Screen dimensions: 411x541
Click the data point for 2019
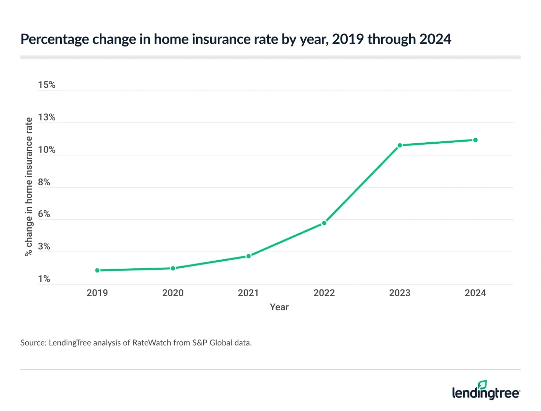coord(97,270)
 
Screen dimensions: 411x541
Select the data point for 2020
coord(173,268)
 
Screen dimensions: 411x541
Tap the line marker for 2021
coord(249,256)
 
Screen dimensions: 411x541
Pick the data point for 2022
coord(324,223)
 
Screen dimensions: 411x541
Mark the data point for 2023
coord(400,145)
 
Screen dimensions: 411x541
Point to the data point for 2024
coord(475,140)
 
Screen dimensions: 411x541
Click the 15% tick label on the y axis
coord(46,85)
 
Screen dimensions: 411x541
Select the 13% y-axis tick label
coord(46,117)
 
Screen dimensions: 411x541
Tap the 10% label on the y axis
coord(46,150)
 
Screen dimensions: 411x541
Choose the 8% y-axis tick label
coord(44,182)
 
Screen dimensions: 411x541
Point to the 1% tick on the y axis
coord(44,279)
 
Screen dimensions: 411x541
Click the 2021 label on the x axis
coord(248,293)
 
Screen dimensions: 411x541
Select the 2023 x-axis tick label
coord(400,293)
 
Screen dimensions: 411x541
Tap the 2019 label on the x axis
coord(97,293)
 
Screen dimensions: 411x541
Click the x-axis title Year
coord(279,307)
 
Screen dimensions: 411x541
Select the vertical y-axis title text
coord(29,187)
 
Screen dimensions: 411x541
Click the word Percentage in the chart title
coord(55,39)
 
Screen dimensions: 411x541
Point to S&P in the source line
coord(200,343)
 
